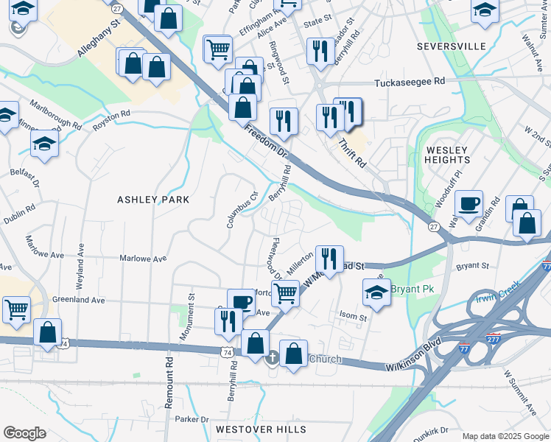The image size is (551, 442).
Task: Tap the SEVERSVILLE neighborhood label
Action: (451, 46)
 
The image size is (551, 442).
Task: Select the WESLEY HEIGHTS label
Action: (447, 155)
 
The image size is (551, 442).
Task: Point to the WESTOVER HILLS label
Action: (255, 429)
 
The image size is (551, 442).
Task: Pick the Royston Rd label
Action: (111, 120)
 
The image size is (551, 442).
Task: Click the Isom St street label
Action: (353, 318)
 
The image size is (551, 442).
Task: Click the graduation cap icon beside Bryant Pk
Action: (376, 292)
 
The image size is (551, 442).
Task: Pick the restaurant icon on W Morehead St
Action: (329, 258)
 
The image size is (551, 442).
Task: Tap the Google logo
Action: (24, 433)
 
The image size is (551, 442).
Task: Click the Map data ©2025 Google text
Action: (505, 436)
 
